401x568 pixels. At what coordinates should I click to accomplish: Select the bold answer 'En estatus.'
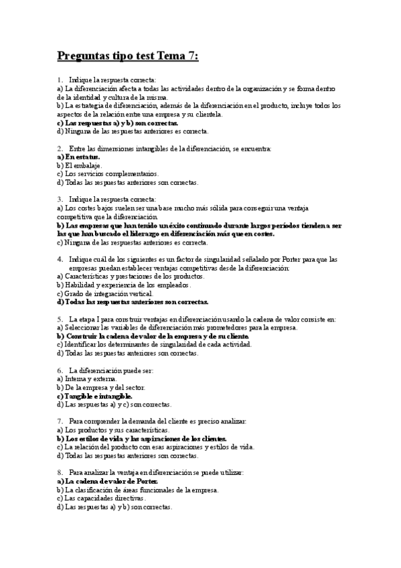80,156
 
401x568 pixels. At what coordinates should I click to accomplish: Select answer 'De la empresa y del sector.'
101,387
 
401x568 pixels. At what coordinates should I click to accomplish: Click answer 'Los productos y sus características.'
110,430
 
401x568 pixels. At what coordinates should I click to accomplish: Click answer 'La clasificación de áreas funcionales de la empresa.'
138,490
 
